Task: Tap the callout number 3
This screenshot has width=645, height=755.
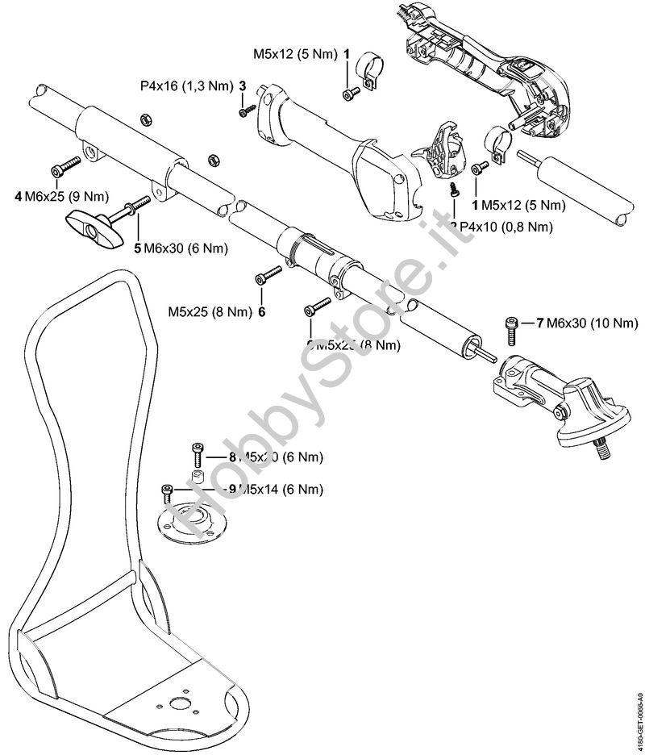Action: (242, 85)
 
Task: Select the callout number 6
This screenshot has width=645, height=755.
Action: (261, 311)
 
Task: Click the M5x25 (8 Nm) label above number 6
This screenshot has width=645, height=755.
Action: (209, 311)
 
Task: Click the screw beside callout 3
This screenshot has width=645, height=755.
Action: (247, 111)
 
